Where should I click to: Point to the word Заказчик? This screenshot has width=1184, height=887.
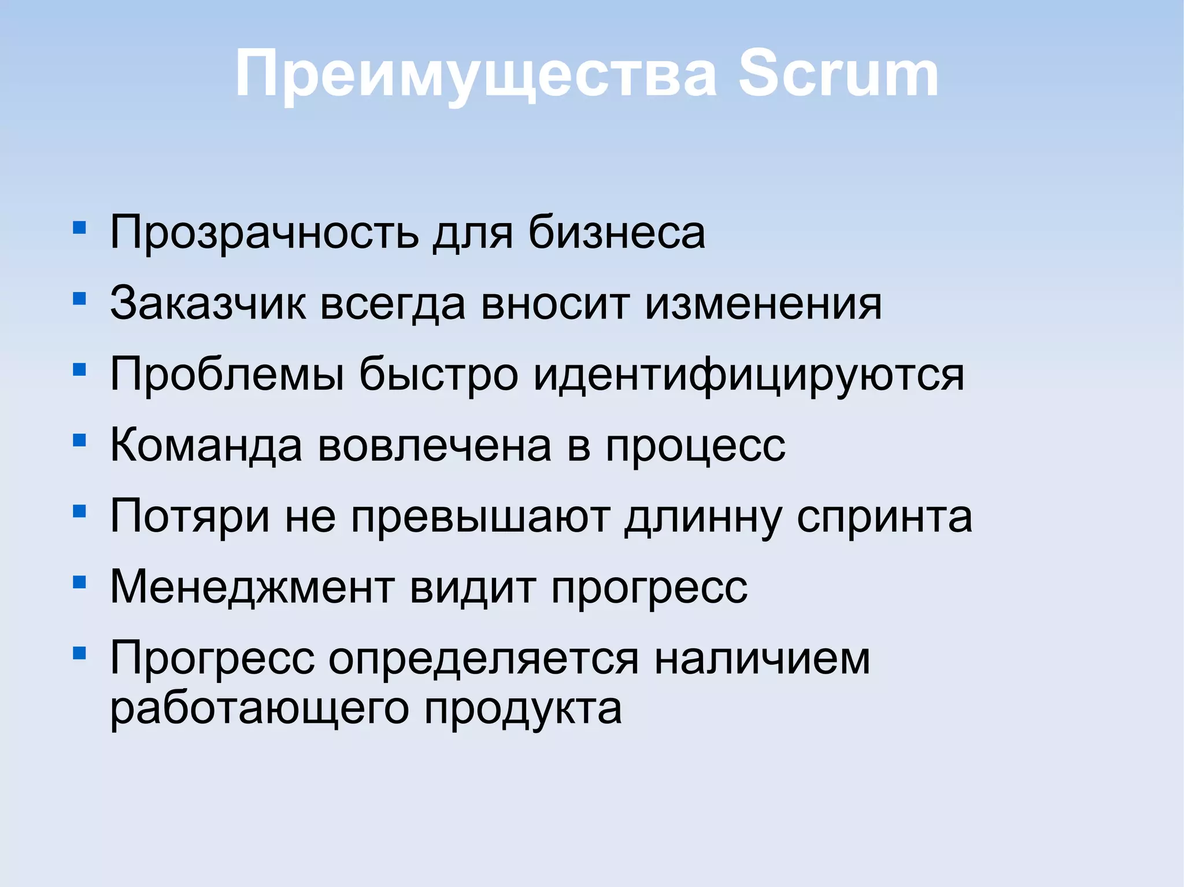pyautogui.click(x=208, y=304)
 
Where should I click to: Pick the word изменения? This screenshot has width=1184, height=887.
pyautogui.click(x=763, y=304)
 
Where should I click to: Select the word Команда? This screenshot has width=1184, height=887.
pyautogui.click(x=206, y=446)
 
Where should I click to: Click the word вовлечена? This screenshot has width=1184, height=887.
pyautogui.click(x=435, y=446)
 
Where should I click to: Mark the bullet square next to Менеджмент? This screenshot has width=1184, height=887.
pyautogui.click(x=80, y=582)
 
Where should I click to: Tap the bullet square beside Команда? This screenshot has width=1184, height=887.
pyautogui.click(x=80, y=440)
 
